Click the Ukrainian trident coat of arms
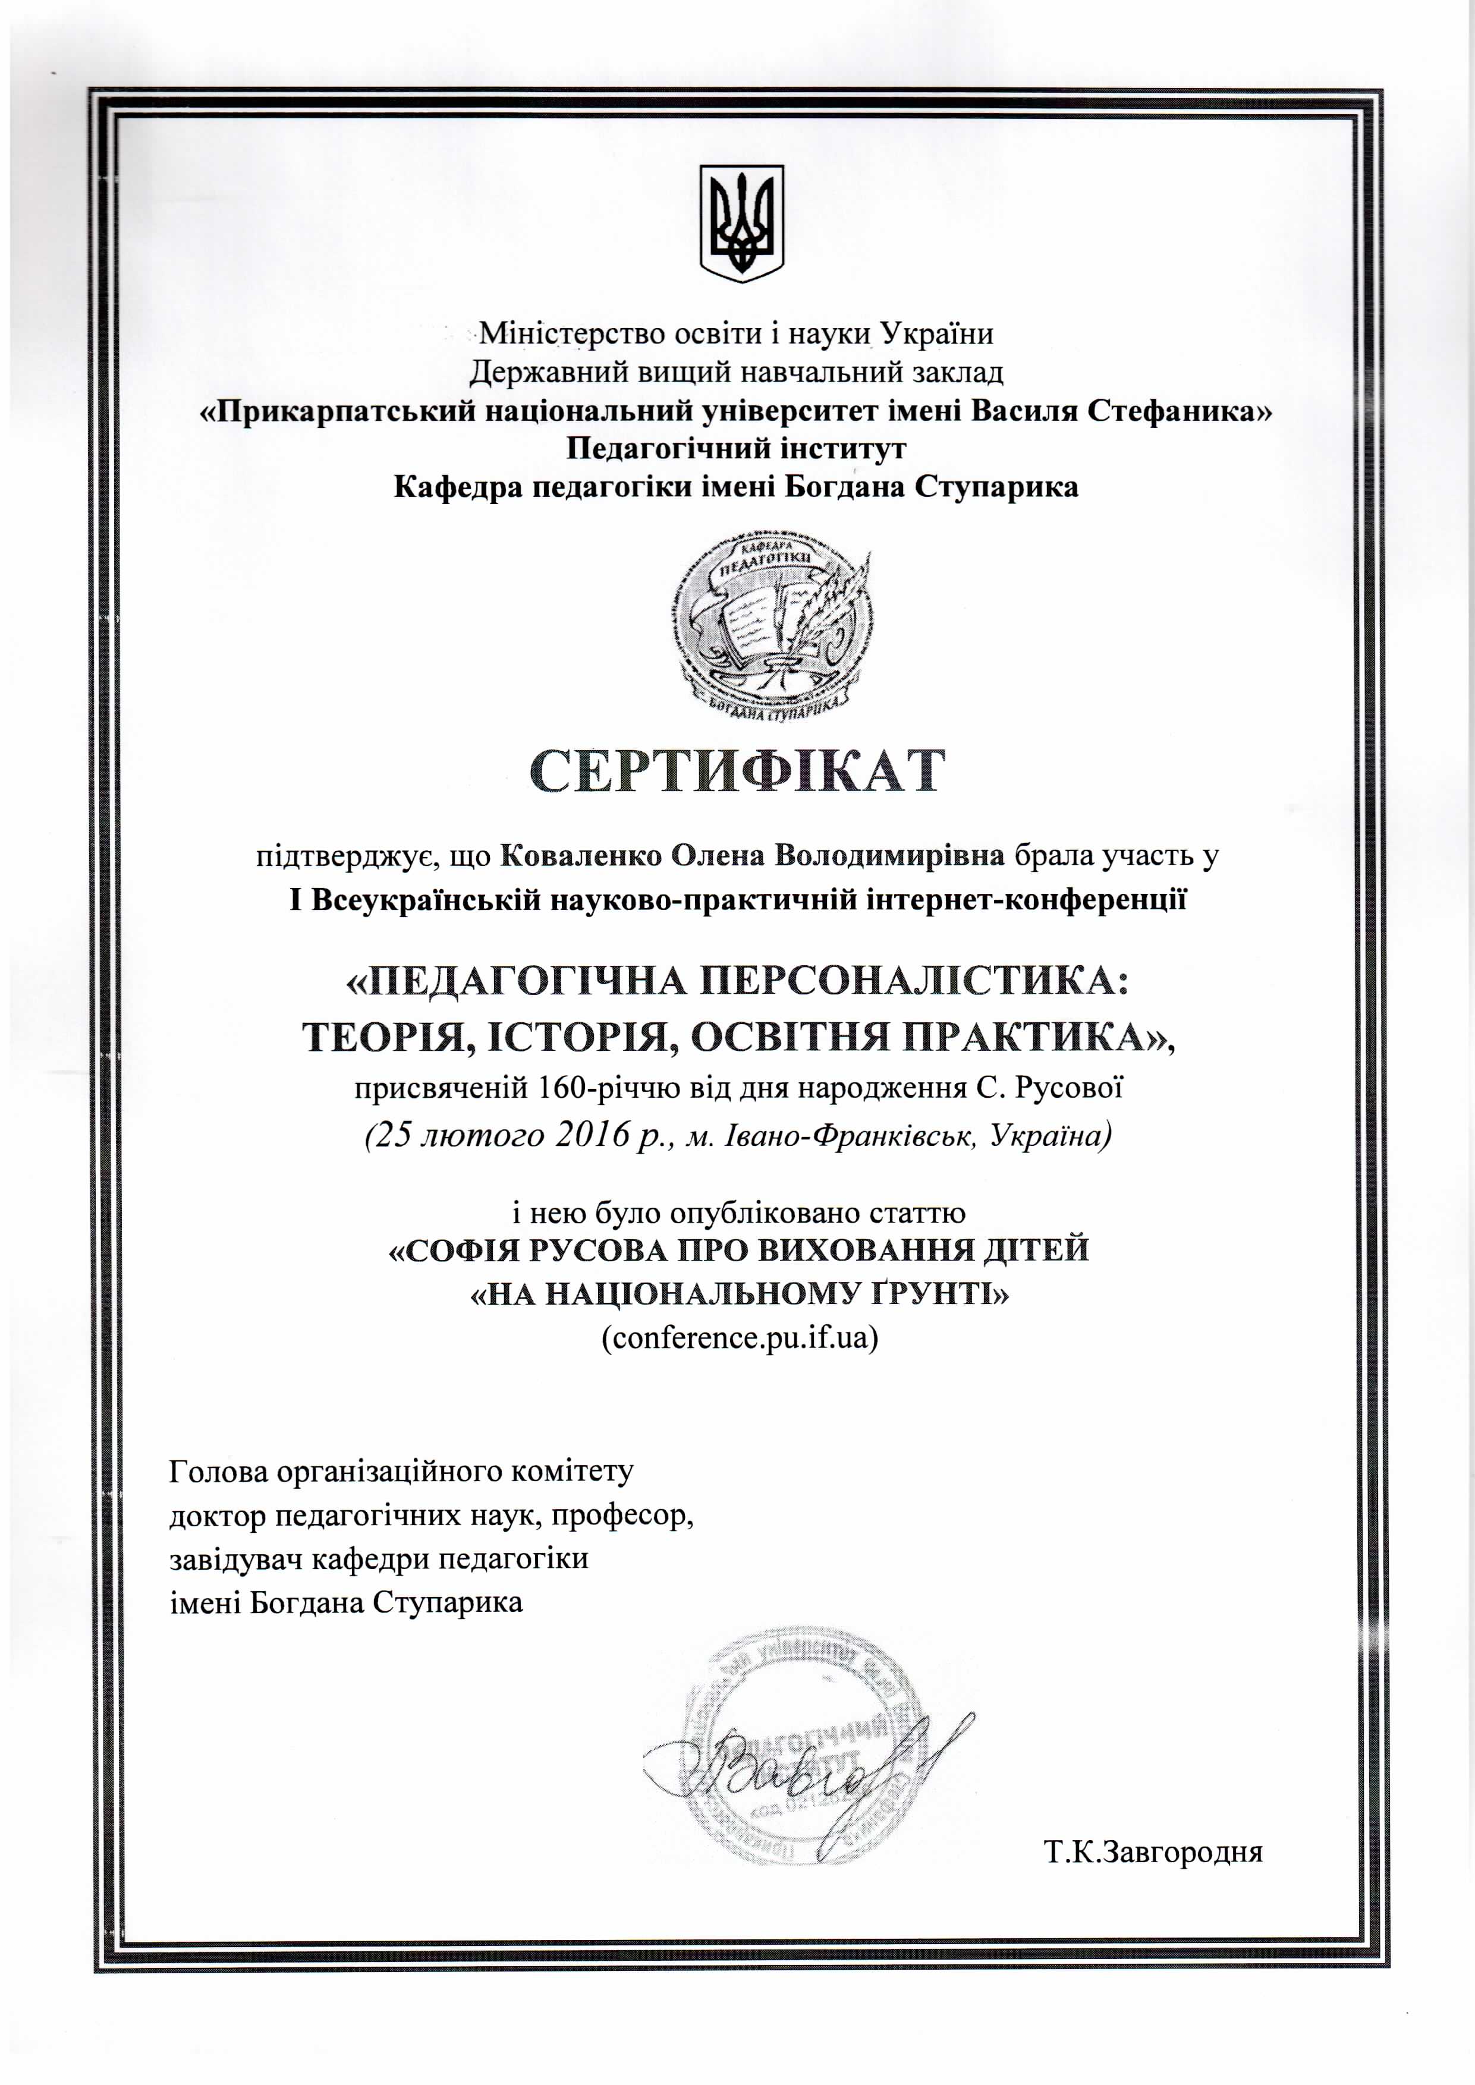click(x=741, y=222)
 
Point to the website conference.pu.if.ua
click(x=740, y=1338)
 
